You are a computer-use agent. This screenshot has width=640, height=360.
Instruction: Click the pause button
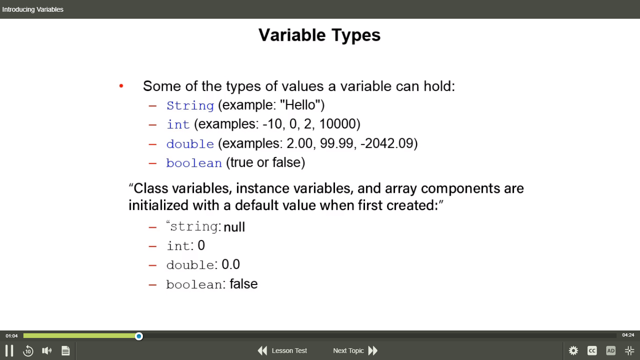pos(9,351)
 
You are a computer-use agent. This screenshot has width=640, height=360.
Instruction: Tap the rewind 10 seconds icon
pos(28,351)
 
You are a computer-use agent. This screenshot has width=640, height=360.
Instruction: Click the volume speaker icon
pos(47,351)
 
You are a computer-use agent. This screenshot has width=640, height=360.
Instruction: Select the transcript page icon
pos(66,351)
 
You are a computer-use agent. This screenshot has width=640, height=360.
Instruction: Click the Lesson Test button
pos(283,351)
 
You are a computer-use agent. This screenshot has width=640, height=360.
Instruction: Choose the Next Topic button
pos(356,351)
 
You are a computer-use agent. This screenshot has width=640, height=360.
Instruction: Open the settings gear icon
pos(573,351)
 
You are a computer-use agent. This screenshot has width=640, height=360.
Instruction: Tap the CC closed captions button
pos(592,351)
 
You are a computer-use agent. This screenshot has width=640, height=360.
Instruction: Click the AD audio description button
pos(611,351)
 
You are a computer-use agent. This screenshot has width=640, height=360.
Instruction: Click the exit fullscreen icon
pos(630,351)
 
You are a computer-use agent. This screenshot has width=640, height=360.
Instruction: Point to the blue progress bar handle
pos(139,336)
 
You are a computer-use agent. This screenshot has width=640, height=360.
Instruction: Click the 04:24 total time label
pos(628,335)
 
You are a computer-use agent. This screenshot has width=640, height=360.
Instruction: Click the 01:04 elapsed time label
pos(12,336)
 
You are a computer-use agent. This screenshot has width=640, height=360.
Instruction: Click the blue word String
pos(190,106)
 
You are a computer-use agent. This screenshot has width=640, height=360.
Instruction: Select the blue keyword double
pos(190,143)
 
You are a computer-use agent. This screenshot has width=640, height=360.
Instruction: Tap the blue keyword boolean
pos(194,163)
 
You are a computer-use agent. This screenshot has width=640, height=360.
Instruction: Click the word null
pos(234,227)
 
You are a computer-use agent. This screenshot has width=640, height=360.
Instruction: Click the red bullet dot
pos(121,85)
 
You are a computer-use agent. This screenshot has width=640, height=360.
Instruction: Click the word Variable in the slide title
pos(292,35)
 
